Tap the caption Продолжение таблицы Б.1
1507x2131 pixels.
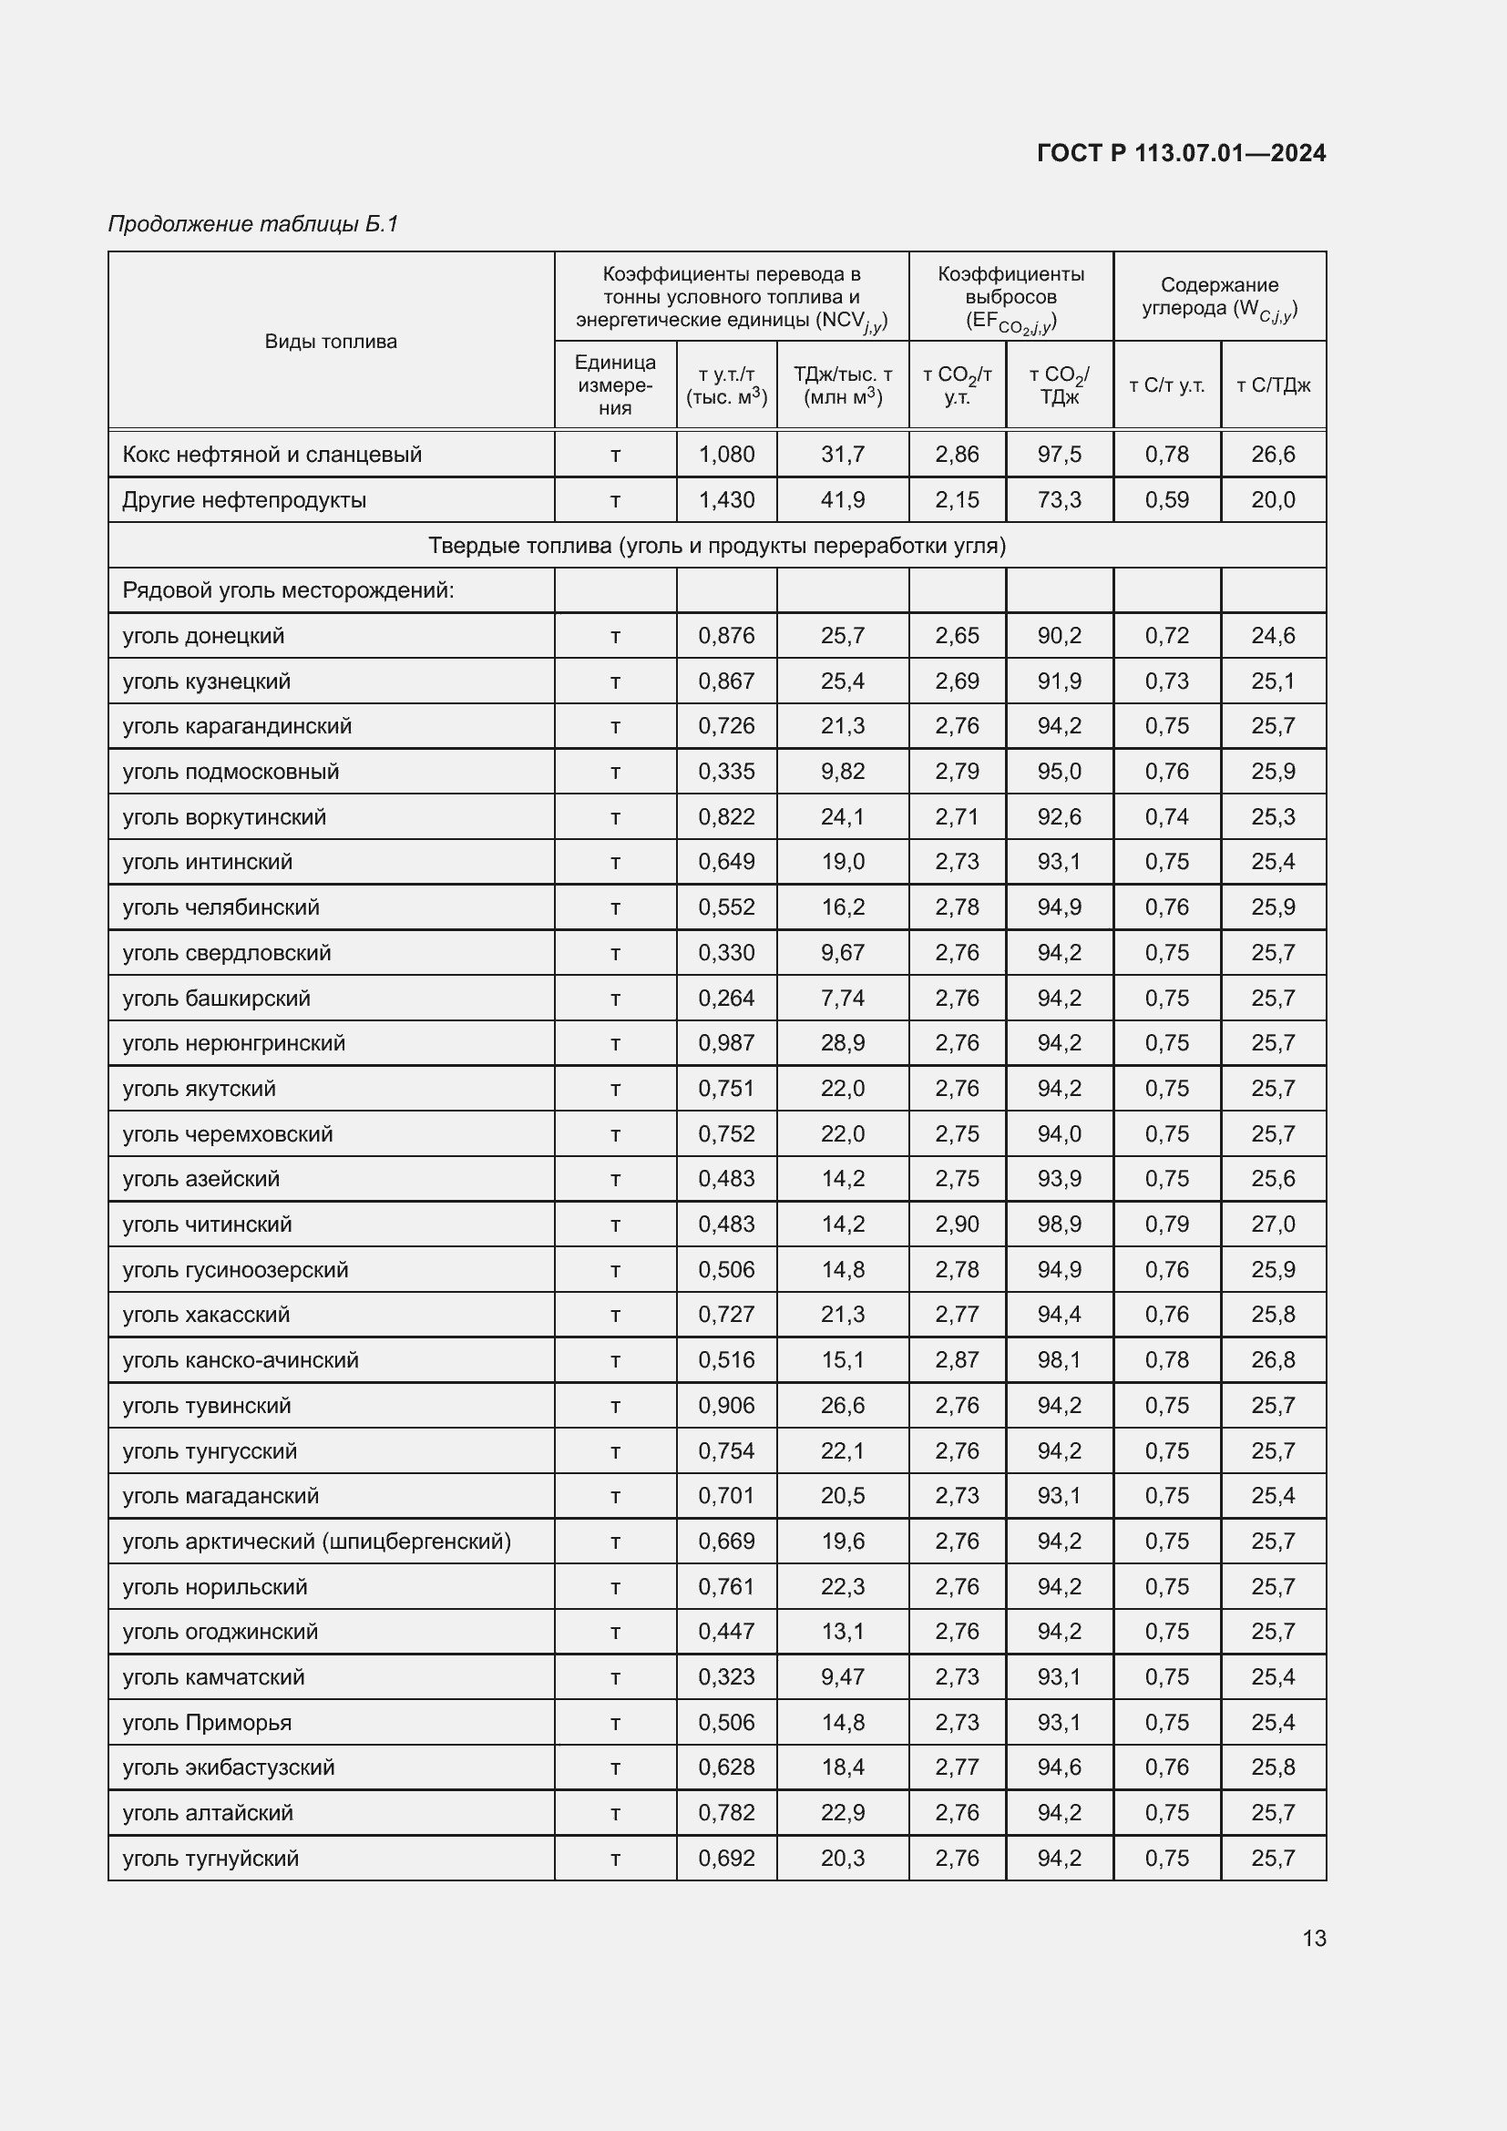pos(252,224)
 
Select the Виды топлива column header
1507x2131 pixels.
pos(331,341)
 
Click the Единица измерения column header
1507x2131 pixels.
pos(614,384)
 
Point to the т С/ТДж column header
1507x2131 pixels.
pos(1272,385)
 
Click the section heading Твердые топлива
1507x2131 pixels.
pos(716,545)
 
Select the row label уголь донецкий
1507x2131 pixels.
pos(203,636)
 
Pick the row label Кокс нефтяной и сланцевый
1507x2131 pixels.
pos(272,454)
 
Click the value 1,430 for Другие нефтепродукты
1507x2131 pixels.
pos(725,499)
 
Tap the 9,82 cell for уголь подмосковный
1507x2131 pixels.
pos(842,772)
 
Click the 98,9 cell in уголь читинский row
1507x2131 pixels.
pos(1059,1224)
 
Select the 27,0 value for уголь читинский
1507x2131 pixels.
pos(1272,1224)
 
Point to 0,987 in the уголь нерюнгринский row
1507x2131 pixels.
pos(725,1043)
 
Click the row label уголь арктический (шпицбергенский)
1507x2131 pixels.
pos(316,1542)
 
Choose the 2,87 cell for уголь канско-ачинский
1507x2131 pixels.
pos(956,1359)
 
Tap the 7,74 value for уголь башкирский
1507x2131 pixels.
pos(842,998)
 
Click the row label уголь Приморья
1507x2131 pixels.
pos(207,1723)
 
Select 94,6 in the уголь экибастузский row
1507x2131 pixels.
pos(1059,1767)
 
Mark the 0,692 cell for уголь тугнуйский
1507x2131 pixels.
pos(725,1858)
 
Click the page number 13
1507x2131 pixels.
pos(1313,1938)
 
